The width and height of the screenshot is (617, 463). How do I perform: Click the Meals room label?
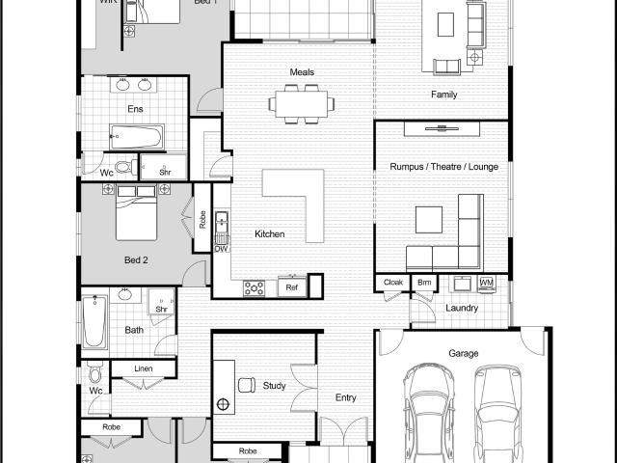coord(302,72)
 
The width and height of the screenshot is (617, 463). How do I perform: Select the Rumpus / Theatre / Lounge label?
coord(443,167)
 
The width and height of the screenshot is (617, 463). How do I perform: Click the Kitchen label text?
coord(269,234)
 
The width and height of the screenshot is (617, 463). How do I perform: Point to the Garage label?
coord(463,354)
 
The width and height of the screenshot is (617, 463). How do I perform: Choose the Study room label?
coord(274,386)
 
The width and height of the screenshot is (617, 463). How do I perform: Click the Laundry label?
coord(462,308)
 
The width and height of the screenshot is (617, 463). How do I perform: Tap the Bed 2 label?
coord(136,260)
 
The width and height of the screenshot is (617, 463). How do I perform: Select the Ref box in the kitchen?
coord(292,286)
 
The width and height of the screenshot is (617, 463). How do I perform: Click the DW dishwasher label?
coord(221,249)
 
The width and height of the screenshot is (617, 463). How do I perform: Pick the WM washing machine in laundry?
coord(486,283)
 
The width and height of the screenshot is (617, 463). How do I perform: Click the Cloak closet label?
coord(392,283)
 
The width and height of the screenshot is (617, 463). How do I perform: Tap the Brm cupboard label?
coord(424,283)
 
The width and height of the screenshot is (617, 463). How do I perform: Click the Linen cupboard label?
coord(143,369)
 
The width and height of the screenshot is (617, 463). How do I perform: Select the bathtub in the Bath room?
coord(94,322)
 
